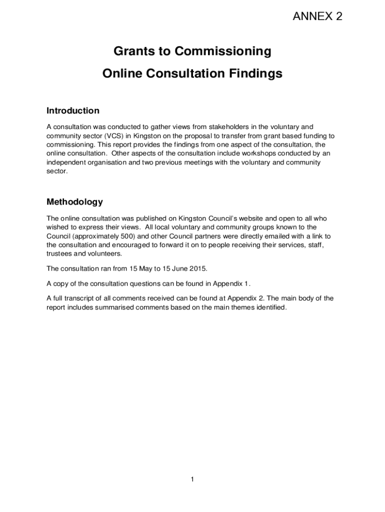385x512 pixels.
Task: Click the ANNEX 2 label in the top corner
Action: (x=317, y=16)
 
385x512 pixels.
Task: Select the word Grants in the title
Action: (x=131, y=51)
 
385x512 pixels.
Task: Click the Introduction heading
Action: (x=73, y=110)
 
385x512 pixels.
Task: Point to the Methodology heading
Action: (x=74, y=202)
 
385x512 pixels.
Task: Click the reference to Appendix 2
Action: (x=241, y=298)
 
